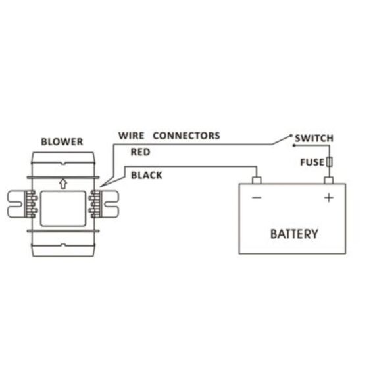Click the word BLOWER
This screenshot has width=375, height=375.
(62, 141)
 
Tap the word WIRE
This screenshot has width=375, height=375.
(131, 136)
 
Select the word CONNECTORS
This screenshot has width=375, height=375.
(186, 136)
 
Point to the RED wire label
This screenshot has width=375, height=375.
(141, 152)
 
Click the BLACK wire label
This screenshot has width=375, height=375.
(147, 176)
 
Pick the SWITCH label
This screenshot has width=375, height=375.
(314, 138)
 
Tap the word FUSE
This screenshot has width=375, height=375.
(312, 162)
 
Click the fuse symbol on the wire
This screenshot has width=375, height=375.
(328, 162)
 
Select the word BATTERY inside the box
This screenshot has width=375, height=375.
(294, 234)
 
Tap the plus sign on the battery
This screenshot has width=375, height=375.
(328, 197)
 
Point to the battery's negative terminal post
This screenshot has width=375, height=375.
(257, 180)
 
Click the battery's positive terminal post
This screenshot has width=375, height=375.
(328, 180)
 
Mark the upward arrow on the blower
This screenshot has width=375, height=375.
(63, 184)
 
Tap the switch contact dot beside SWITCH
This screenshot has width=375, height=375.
(290, 137)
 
